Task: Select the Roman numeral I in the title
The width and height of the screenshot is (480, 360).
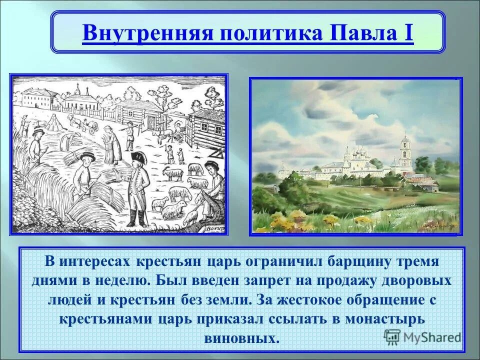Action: [x=407, y=34]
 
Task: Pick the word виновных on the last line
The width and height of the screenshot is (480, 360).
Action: [x=241, y=337]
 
